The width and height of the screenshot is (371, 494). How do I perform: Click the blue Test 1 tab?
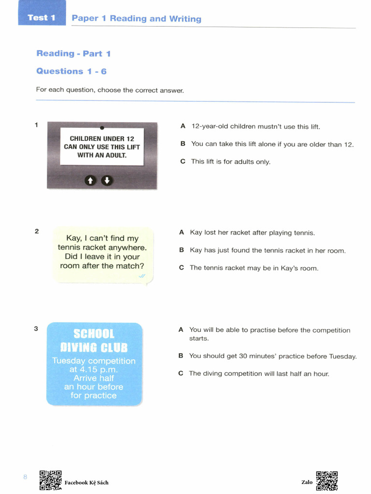click(42, 18)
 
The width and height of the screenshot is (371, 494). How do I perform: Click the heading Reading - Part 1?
click(73, 54)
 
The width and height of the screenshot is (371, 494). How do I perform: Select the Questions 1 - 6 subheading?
click(71, 71)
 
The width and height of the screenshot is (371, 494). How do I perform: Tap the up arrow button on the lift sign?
click(90, 180)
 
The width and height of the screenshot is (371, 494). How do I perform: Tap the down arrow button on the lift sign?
click(107, 180)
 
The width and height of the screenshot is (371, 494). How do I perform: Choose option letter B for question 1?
click(183, 144)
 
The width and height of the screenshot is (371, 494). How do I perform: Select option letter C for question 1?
click(183, 162)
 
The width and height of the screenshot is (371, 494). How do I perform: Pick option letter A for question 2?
click(182, 233)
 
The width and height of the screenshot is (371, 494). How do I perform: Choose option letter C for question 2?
click(182, 268)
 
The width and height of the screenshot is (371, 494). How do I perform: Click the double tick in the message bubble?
click(142, 276)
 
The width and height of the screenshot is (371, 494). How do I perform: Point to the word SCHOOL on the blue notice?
click(94, 334)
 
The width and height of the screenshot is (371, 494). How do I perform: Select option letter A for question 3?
click(181, 330)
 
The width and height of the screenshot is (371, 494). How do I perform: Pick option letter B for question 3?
click(181, 356)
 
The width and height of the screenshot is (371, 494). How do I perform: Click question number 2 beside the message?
click(37, 231)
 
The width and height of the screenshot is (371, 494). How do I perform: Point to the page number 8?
click(25, 477)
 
